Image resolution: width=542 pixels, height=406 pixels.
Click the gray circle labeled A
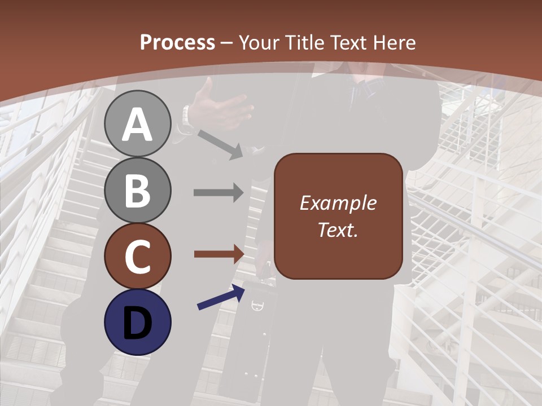(x=138, y=123)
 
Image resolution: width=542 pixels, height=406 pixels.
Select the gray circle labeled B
(x=138, y=190)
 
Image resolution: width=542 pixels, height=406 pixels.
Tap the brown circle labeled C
(x=138, y=257)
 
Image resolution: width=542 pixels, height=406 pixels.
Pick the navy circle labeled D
(x=138, y=323)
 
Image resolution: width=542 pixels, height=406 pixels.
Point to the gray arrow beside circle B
(x=218, y=192)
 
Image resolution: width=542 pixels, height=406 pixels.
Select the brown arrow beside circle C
(x=218, y=254)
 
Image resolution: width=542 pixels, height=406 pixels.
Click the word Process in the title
(x=177, y=43)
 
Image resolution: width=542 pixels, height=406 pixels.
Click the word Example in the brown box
(x=338, y=203)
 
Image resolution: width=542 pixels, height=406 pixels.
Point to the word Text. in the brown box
(x=338, y=230)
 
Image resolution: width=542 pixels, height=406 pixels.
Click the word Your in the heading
(x=258, y=43)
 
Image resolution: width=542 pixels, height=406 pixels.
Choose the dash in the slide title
(x=226, y=43)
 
